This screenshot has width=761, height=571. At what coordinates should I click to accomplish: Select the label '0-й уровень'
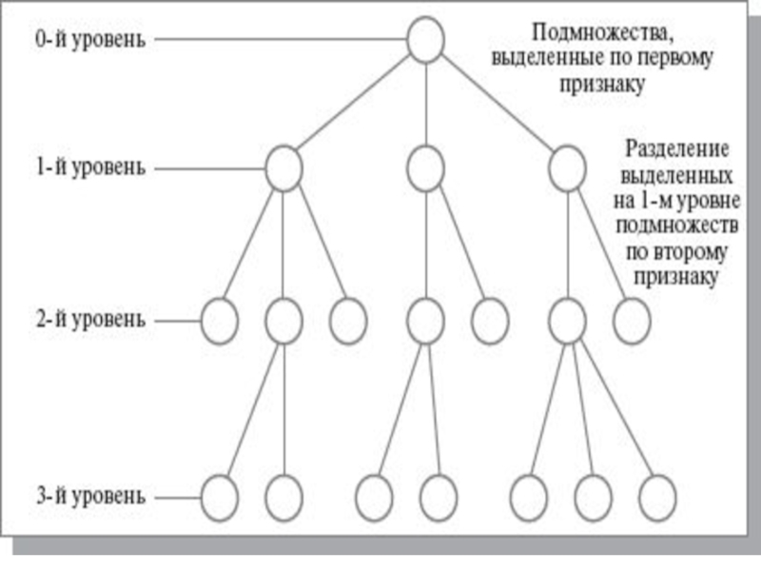point(90,39)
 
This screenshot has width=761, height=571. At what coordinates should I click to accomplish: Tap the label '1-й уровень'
point(90,167)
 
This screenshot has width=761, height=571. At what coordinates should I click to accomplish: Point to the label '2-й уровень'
point(90,320)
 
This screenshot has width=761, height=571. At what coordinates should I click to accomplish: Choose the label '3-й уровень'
point(90,496)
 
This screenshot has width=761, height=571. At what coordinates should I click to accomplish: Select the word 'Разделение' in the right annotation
point(676,149)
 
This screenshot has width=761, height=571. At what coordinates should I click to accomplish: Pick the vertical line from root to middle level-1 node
point(425,105)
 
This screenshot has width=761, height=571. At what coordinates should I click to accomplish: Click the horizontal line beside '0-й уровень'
point(281,39)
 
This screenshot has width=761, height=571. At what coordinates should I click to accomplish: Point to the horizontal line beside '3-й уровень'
point(178,498)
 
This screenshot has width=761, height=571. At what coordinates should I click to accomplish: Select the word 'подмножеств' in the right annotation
point(677,226)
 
